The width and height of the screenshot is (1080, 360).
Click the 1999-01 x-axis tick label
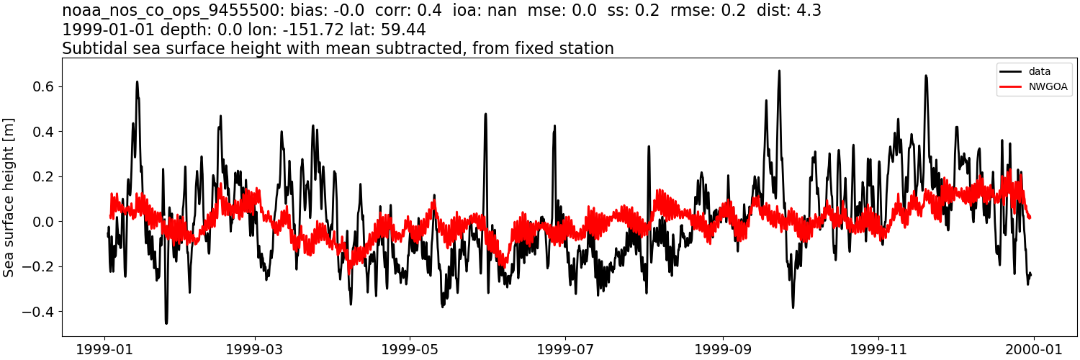[x=106, y=348]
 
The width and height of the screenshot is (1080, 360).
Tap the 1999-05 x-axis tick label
[x=410, y=348]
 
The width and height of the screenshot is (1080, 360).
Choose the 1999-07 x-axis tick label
[x=565, y=348]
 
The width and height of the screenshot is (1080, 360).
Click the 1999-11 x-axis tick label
[x=878, y=348]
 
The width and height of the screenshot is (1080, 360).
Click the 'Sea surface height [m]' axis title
[x=9, y=197]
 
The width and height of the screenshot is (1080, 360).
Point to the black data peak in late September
[x=779, y=71]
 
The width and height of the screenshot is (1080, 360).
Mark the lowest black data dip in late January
[x=166, y=323]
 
